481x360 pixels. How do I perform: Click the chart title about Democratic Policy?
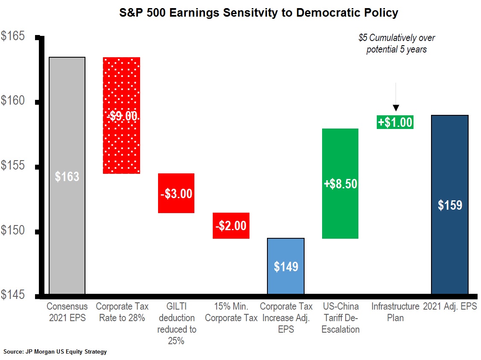258,13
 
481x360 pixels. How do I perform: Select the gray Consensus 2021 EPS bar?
67,176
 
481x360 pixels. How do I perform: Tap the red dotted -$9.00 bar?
122,115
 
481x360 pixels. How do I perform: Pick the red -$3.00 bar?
176,193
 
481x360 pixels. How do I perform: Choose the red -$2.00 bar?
231,225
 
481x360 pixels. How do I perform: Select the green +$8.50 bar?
340,183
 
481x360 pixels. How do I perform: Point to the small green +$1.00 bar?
395,122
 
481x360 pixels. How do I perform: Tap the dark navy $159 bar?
449,205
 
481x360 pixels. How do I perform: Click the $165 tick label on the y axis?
13,36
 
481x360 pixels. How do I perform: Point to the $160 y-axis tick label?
13,101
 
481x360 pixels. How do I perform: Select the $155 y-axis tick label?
13,166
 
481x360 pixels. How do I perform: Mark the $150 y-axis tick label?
13,231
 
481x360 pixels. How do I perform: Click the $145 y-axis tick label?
13,295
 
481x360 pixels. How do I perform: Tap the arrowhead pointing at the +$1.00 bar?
396,108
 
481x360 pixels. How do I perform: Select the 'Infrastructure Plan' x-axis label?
395,312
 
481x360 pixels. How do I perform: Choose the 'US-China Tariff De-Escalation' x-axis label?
340,318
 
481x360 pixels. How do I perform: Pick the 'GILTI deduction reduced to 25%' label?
176,323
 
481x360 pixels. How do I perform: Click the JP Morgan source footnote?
55,352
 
